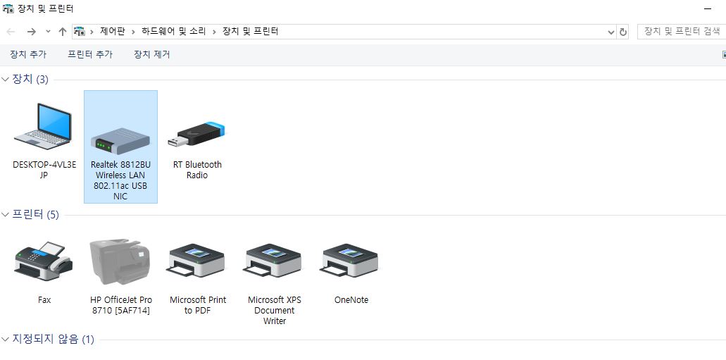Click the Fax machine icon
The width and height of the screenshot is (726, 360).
44,261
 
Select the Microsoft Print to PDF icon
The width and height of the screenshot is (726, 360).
198,262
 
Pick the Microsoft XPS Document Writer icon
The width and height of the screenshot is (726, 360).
274,262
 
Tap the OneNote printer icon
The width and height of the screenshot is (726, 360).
351,262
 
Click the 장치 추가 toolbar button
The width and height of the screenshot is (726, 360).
28,54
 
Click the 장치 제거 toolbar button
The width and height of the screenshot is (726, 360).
152,54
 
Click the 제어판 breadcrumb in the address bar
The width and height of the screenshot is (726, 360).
112,31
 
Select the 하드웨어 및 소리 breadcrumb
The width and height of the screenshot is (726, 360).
173,31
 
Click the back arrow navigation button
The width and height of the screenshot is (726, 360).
11,32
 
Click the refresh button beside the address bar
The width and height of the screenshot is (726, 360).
623,32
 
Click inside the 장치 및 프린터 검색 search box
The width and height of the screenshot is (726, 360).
681,31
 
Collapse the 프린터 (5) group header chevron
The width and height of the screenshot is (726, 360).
6,214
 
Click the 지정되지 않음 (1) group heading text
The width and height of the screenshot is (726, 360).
53,340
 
